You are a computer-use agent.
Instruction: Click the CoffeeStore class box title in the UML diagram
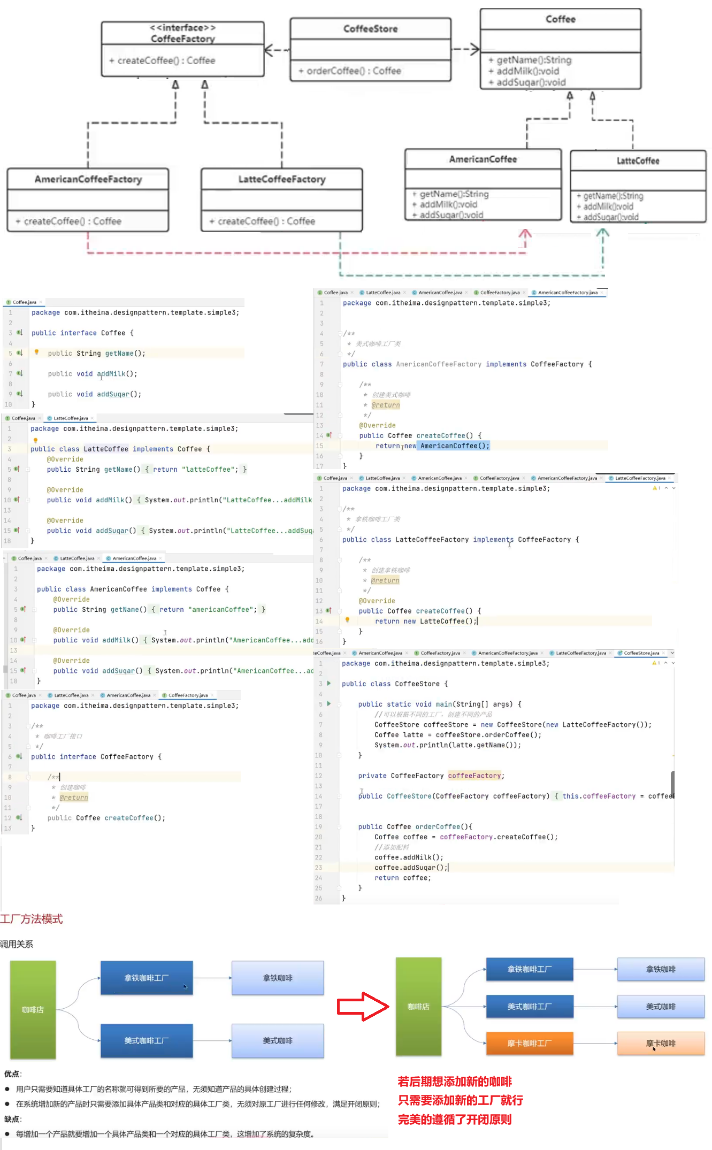click(370, 29)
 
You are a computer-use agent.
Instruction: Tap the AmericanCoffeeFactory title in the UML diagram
click(88, 179)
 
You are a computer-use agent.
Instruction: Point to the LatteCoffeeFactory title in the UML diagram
click(282, 179)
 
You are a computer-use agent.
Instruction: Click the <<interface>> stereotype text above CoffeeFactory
click(182, 27)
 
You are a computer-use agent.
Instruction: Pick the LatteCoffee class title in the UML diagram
click(638, 160)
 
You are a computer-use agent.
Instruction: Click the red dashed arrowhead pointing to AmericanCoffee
click(525, 234)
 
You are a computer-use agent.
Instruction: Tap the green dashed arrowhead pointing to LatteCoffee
click(603, 233)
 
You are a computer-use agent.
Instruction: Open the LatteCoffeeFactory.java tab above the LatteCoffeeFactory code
click(640, 478)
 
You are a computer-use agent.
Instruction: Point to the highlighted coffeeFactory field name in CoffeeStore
click(474, 776)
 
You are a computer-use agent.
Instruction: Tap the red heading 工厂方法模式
click(32, 919)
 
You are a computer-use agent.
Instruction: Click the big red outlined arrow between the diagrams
click(363, 1006)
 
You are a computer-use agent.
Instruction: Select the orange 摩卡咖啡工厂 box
click(529, 1044)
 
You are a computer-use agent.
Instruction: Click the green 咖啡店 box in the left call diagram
click(33, 1010)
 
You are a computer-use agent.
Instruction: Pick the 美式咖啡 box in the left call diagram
click(278, 1041)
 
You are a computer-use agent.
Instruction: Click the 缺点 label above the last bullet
click(12, 1119)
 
